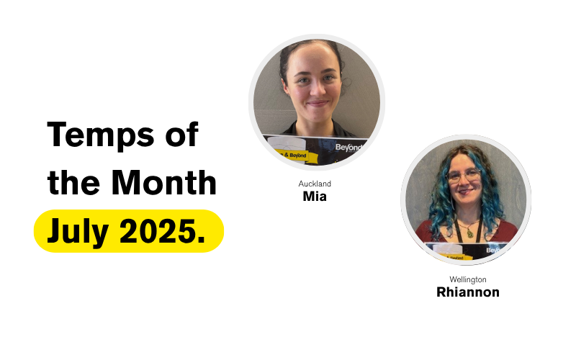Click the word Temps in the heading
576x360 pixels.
(101, 135)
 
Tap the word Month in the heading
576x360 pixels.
(164, 182)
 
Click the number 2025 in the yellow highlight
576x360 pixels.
(158, 230)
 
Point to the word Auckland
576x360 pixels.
(315, 184)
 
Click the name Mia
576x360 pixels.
(315, 197)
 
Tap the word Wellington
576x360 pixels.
(467, 279)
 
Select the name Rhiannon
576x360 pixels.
(467, 292)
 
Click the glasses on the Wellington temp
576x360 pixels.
(464, 176)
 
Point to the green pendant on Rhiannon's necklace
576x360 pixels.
(470, 233)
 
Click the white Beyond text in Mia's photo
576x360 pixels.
(348, 148)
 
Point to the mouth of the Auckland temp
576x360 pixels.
(317, 104)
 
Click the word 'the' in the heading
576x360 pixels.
(74, 182)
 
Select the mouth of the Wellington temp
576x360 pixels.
(464, 192)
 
